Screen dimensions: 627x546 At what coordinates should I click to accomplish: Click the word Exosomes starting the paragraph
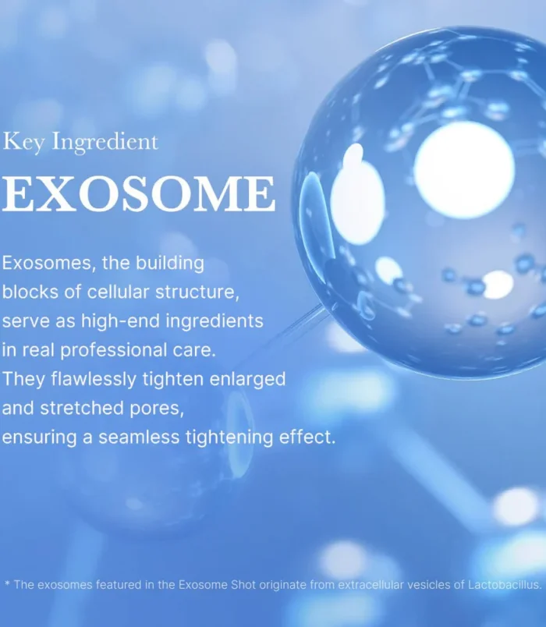(48, 264)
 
